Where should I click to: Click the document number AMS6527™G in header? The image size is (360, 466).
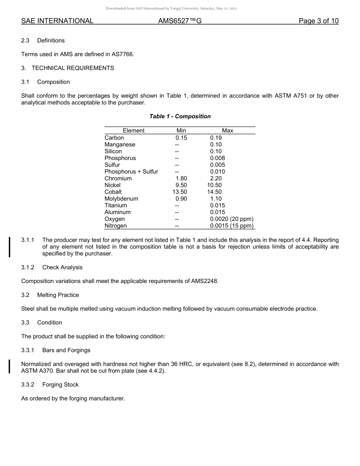point(180,21)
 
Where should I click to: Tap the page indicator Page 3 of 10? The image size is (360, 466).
point(318,21)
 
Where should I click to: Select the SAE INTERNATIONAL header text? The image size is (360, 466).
point(57,21)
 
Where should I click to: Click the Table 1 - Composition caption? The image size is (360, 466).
point(180,116)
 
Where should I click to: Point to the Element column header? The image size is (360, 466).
point(133,131)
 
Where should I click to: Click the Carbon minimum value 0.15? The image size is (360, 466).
point(181,138)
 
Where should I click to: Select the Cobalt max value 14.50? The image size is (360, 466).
point(214,192)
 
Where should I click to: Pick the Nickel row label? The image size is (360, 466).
point(113,185)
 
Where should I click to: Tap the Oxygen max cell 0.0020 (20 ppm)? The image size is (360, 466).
point(232,219)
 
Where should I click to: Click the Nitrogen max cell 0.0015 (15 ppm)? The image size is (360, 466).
point(232,226)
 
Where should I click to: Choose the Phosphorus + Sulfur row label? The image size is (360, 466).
point(131,172)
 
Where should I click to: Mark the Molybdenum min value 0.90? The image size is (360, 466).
point(181,199)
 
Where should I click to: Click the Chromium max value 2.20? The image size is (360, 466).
point(216,178)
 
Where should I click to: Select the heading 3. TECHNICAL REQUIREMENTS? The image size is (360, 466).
point(67,68)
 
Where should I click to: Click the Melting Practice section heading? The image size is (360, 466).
point(58,295)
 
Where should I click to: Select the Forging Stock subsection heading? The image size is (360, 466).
point(60,385)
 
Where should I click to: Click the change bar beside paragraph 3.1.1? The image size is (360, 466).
point(10,247)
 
